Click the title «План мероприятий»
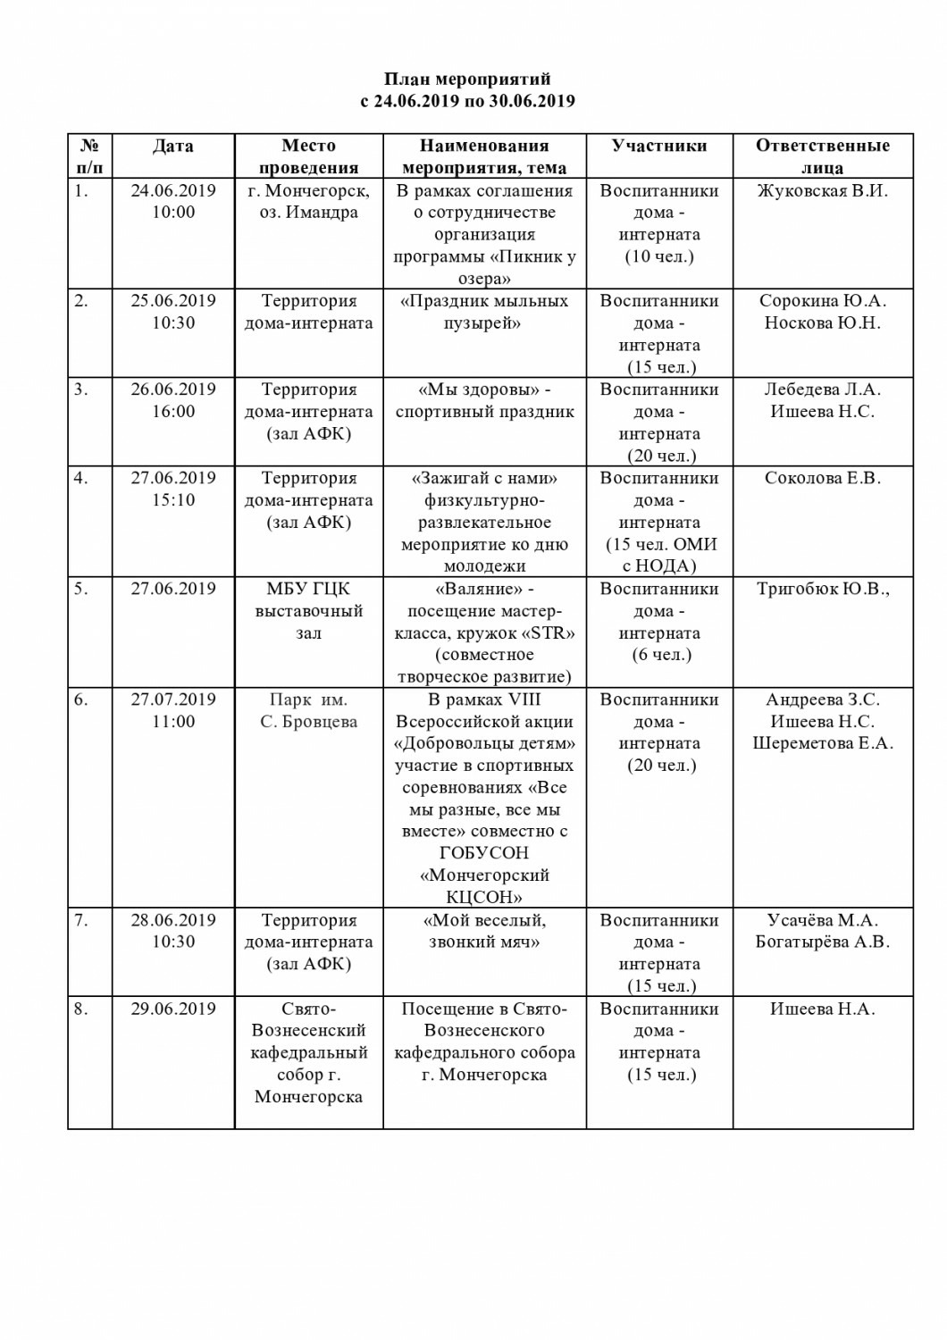tap(467, 80)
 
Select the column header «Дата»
tap(172, 146)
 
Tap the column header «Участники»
tap(659, 146)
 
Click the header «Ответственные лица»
tap(822, 156)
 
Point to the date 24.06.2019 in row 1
tap(172, 190)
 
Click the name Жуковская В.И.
tap(822, 190)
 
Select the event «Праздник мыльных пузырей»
tap(484, 312)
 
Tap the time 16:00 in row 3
tap(172, 412)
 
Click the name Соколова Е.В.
tap(822, 478)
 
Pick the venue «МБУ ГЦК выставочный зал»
tap(308, 611)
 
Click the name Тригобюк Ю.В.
tap(822, 589)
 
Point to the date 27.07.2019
tap(172, 699)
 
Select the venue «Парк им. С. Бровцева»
tap(308, 710)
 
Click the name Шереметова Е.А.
tap(822, 743)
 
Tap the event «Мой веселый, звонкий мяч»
tap(484, 931)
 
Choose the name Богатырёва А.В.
tap(822, 942)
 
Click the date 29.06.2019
tap(172, 1009)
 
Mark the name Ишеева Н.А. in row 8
tap(822, 1009)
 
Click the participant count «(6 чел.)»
tap(659, 655)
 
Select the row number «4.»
tap(81, 478)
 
